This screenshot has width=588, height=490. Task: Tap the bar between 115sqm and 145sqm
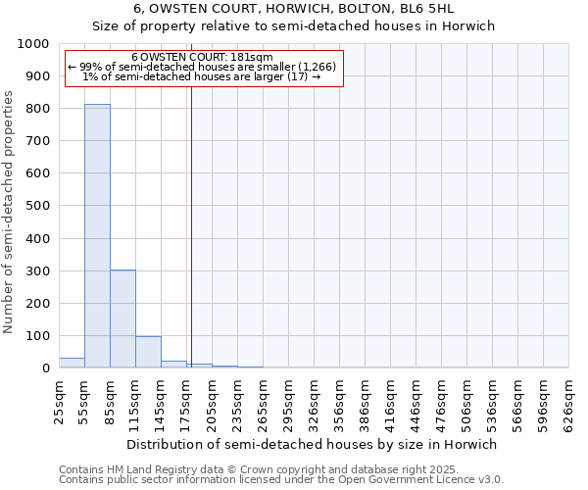click(148, 352)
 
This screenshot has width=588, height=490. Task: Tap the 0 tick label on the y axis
click(45, 368)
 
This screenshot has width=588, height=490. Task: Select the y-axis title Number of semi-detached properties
click(10, 212)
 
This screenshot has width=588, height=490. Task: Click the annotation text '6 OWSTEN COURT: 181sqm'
click(202, 58)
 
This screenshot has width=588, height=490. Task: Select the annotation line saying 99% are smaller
click(202, 67)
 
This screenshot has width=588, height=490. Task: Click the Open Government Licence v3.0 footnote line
click(281, 479)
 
